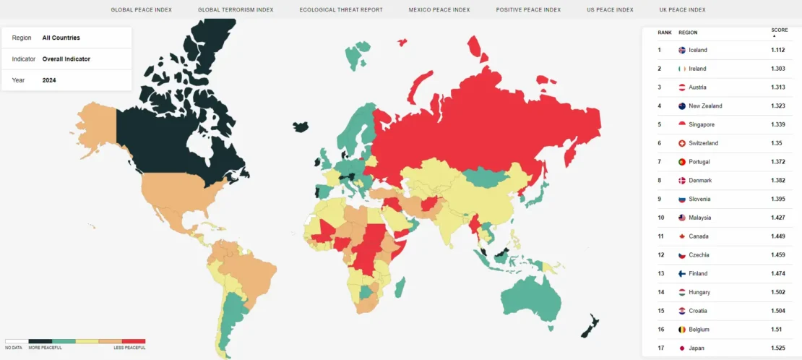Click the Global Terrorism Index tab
tap(236, 10)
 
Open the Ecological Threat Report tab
tap(341, 10)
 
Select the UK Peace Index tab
tap(682, 10)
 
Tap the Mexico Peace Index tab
tap(439, 10)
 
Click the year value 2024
tap(49, 80)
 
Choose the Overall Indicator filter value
tap(66, 59)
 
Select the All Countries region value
tap(61, 38)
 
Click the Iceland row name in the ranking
tap(698, 50)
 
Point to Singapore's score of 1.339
tap(778, 124)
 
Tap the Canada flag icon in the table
tap(681, 236)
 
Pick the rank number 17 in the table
tap(660, 348)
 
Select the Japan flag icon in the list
tap(681, 348)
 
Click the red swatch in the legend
tap(134, 340)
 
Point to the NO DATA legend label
tap(14, 348)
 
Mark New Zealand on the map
tap(590, 327)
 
